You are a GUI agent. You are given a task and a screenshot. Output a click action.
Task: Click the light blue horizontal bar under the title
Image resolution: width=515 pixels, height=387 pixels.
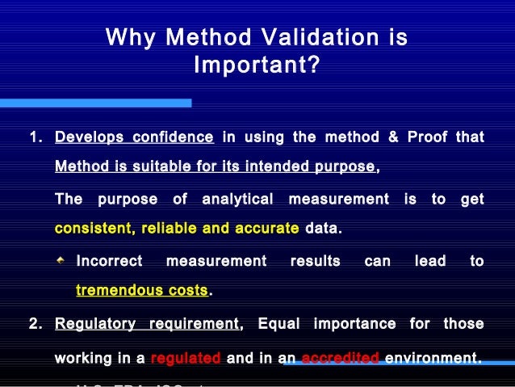(x=95, y=103)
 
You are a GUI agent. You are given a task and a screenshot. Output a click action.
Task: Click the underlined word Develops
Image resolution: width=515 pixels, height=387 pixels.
(x=89, y=137)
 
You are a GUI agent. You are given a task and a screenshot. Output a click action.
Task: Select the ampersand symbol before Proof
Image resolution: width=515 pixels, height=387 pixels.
(x=393, y=137)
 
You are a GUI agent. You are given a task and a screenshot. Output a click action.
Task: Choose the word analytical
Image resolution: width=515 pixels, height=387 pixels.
(x=240, y=199)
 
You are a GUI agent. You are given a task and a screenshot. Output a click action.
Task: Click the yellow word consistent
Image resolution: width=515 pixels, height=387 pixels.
(x=94, y=229)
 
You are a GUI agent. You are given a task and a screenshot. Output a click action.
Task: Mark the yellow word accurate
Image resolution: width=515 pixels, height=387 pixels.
(x=265, y=229)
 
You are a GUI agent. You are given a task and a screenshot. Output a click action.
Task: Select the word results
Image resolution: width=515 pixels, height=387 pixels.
(x=315, y=261)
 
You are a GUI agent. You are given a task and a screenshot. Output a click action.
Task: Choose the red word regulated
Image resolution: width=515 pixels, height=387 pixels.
(x=186, y=357)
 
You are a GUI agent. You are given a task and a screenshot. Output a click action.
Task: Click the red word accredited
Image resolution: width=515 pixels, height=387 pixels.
(x=339, y=357)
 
